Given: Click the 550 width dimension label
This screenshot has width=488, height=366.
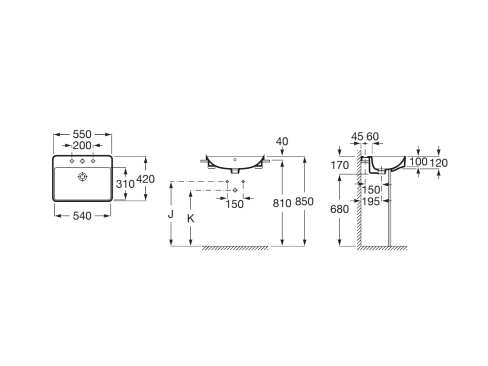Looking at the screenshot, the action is click(82, 134).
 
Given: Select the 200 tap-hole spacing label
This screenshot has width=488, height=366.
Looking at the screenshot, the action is click(82, 145).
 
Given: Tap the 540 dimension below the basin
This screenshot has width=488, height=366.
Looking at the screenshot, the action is click(82, 216).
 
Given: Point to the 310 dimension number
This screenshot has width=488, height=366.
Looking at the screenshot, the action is click(125, 184).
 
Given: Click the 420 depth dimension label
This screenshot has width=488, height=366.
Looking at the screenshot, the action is click(146, 179).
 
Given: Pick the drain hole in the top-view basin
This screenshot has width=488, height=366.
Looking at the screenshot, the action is click(82, 177).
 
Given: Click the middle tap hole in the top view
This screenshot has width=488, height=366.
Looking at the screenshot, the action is click(82, 161).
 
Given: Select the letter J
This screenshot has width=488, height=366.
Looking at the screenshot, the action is click(171, 214).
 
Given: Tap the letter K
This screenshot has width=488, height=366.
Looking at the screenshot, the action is click(191, 219).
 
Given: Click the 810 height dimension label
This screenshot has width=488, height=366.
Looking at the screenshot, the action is click(282, 203).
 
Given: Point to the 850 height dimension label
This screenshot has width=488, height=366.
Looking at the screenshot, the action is click(304, 202).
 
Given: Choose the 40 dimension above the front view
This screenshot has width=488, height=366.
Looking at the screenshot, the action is click(282, 141).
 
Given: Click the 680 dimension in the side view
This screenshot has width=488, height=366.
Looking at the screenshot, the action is click(339, 209).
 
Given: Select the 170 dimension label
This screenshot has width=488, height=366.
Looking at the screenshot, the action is click(339, 165).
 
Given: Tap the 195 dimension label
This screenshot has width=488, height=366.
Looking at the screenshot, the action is click(371, 202).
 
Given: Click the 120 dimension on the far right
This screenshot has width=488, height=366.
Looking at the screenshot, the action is click(438, 163).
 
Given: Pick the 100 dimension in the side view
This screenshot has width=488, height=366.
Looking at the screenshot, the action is click(418, 162).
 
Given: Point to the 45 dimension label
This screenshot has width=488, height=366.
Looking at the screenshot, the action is click(357, 136).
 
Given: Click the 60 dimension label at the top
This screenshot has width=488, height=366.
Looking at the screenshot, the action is click(373, 136).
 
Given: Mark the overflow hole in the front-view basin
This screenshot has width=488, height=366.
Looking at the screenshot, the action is click(235, 160).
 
